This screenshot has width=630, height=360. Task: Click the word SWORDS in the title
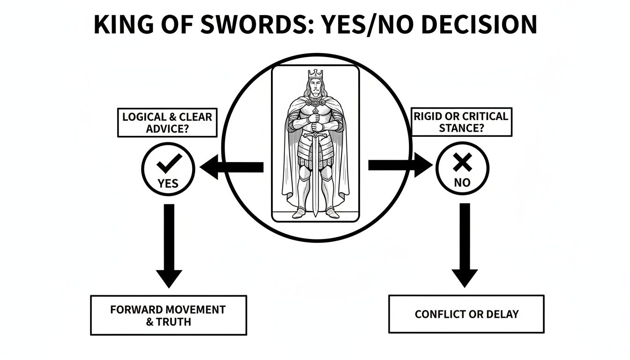pos(245,24)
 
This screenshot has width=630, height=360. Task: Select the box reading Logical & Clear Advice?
pos(167,122)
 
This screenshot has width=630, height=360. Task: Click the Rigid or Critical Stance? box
pos(462,122)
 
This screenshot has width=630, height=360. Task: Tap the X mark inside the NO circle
pos(462,163)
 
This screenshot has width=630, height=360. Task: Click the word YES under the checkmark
pos(168,183)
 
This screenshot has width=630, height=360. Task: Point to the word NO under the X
pos(462,183)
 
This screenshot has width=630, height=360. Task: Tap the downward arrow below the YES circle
pos(169,244)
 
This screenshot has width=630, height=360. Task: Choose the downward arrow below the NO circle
pos(464,244)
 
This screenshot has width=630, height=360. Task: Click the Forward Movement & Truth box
pos(168,315)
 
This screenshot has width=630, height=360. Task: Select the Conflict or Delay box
pos(466,314)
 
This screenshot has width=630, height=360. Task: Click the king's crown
pos(315,74)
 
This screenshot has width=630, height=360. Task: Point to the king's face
pos(315,89)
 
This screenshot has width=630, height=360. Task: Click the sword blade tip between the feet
pos(315,213)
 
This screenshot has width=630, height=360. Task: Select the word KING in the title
pos(120,24)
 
